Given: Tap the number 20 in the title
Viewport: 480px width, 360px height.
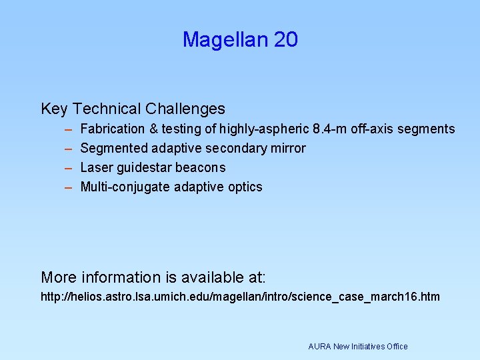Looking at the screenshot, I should click(285, 40).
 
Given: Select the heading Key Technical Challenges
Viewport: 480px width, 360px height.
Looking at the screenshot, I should click(133, 109).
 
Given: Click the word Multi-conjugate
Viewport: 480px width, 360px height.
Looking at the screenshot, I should click(125, 187).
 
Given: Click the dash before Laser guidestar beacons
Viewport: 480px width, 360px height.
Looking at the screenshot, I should click(68, 168).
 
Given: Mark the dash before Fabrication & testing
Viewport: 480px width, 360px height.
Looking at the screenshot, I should click(68, 129).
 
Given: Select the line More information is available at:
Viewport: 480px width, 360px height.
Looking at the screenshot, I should click(153, 277).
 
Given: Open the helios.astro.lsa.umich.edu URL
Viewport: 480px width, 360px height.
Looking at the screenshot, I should click(240, 297).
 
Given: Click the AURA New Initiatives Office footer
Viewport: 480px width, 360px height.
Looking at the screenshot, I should click(357, 347).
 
